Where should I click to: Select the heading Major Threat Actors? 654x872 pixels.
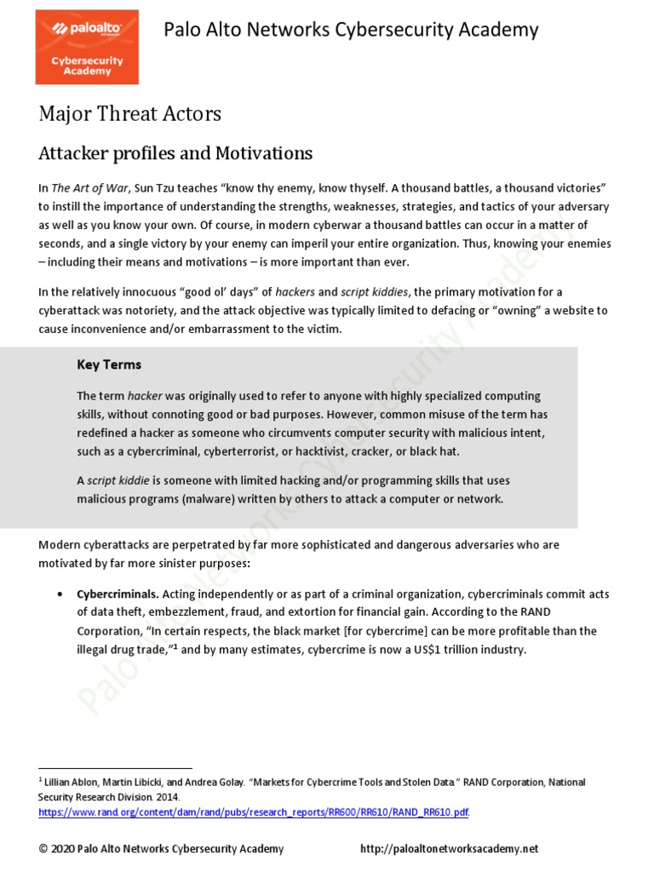pyautogui.click(x=129, y=114)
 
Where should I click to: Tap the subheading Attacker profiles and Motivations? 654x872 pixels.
pyautogui.click(x=175, y=153)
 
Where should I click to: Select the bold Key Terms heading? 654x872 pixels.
pyautogui.click(x=109, y=364)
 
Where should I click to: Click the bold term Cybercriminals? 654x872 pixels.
pyautogui.click(x=118, y=594)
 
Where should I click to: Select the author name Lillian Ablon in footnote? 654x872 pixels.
pyautogui.click(x=75, y=782)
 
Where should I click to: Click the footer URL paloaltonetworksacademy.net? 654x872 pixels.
pyautogui.click(x=450, y=849)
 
